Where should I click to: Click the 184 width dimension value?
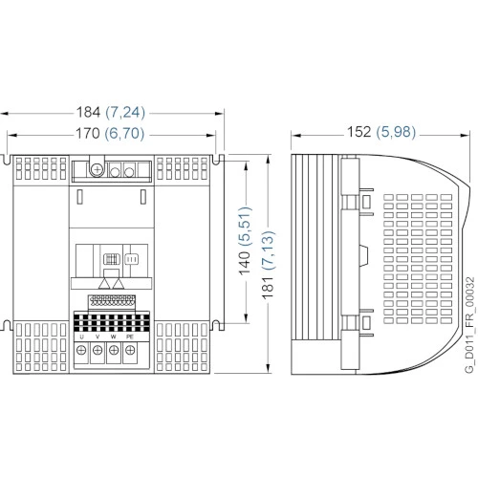(x=88, y=112)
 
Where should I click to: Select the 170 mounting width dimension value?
(x=88, y=133)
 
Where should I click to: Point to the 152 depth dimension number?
(x=359, y=132)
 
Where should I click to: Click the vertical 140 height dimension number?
(x=245, y=263)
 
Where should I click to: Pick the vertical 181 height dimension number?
(x=268, y=287)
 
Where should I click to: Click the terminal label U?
(x=82, y=337)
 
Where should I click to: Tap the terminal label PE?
(x=130, y=337)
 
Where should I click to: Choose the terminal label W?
(x=114, y=337)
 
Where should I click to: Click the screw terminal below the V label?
(x=98, y=351)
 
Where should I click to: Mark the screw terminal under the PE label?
(x=130, y=351)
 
